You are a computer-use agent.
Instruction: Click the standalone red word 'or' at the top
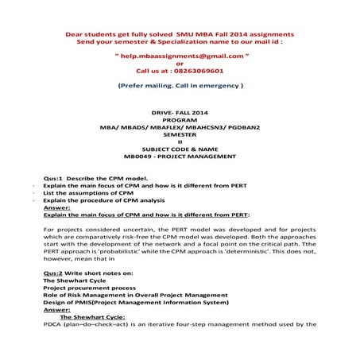180,64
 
